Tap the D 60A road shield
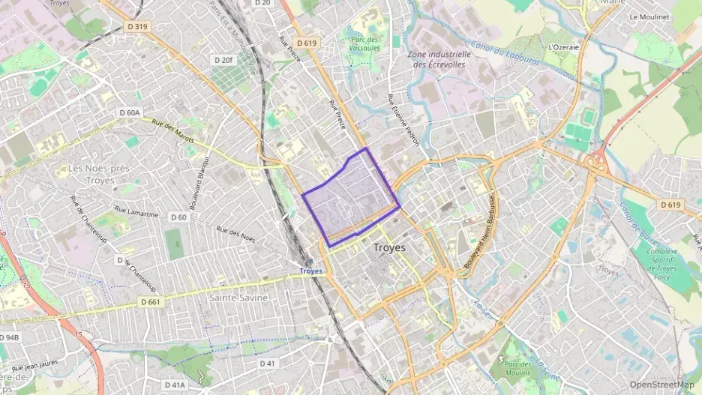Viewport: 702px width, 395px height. point(129,112)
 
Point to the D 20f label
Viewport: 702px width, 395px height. point(223,60)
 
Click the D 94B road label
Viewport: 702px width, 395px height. point(9,337)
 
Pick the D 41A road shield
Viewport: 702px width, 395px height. point(174,385)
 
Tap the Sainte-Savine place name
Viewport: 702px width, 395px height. point(238,298)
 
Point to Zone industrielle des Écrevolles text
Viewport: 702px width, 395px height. point(439,59)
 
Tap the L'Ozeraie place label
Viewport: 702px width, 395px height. point(564,46)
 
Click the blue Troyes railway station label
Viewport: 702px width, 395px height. point(310,271)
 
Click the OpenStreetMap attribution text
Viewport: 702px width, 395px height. point(662,385)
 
